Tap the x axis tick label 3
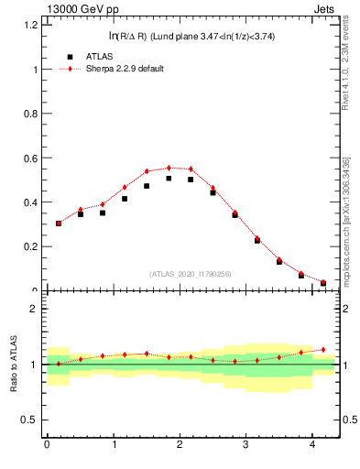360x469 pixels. (x=246, y=445)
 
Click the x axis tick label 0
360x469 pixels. (x=47, y=445)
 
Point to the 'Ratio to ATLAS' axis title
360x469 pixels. (x=13, y=364)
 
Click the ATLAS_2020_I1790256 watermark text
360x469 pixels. (x=191, y=274)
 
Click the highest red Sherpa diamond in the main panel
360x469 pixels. (x=169, y=168)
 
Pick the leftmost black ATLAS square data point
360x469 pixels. (x=59, y=223)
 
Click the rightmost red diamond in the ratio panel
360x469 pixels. (x=323, y=349)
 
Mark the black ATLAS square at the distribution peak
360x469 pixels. (x=169, y=179)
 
